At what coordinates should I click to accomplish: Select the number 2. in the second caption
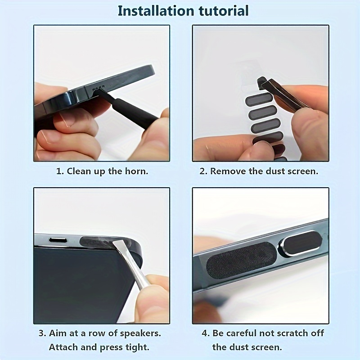point(203,171)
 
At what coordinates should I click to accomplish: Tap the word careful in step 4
point(243,333)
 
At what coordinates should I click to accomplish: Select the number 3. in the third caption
point(41,333)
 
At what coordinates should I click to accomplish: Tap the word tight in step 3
point(137,347)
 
